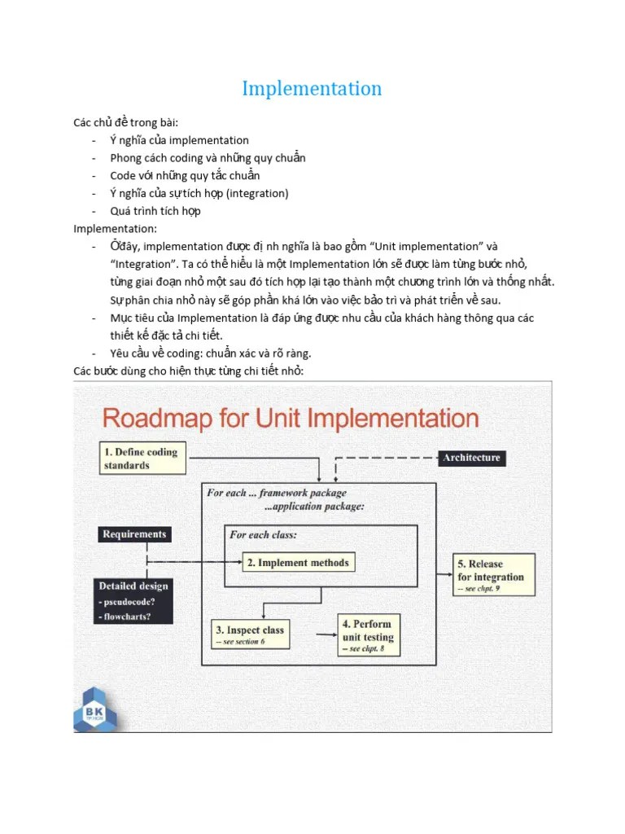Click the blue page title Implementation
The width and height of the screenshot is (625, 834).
[x=312, y=88]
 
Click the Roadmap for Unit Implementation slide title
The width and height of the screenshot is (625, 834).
[x=290, y=419]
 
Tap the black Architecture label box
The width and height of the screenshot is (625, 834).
[x=471, y=458]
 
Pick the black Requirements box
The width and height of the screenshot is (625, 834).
[x=134, y=534]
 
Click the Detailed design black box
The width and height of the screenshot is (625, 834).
[x=134, y=600]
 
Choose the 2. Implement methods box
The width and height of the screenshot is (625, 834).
[x=298, y=562]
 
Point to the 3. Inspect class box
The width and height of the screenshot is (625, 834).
[x=249, y=634]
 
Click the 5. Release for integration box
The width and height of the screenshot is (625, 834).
[x=494, y=576]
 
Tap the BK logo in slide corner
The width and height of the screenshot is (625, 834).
[x=95, y=707]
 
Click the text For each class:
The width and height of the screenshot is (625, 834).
[x=263, y=535]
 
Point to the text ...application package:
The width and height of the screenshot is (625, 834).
[x=314, y=506]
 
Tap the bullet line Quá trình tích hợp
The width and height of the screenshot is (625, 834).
[x=155, y=211]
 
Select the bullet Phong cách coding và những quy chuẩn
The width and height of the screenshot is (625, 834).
[x=208, y=158]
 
